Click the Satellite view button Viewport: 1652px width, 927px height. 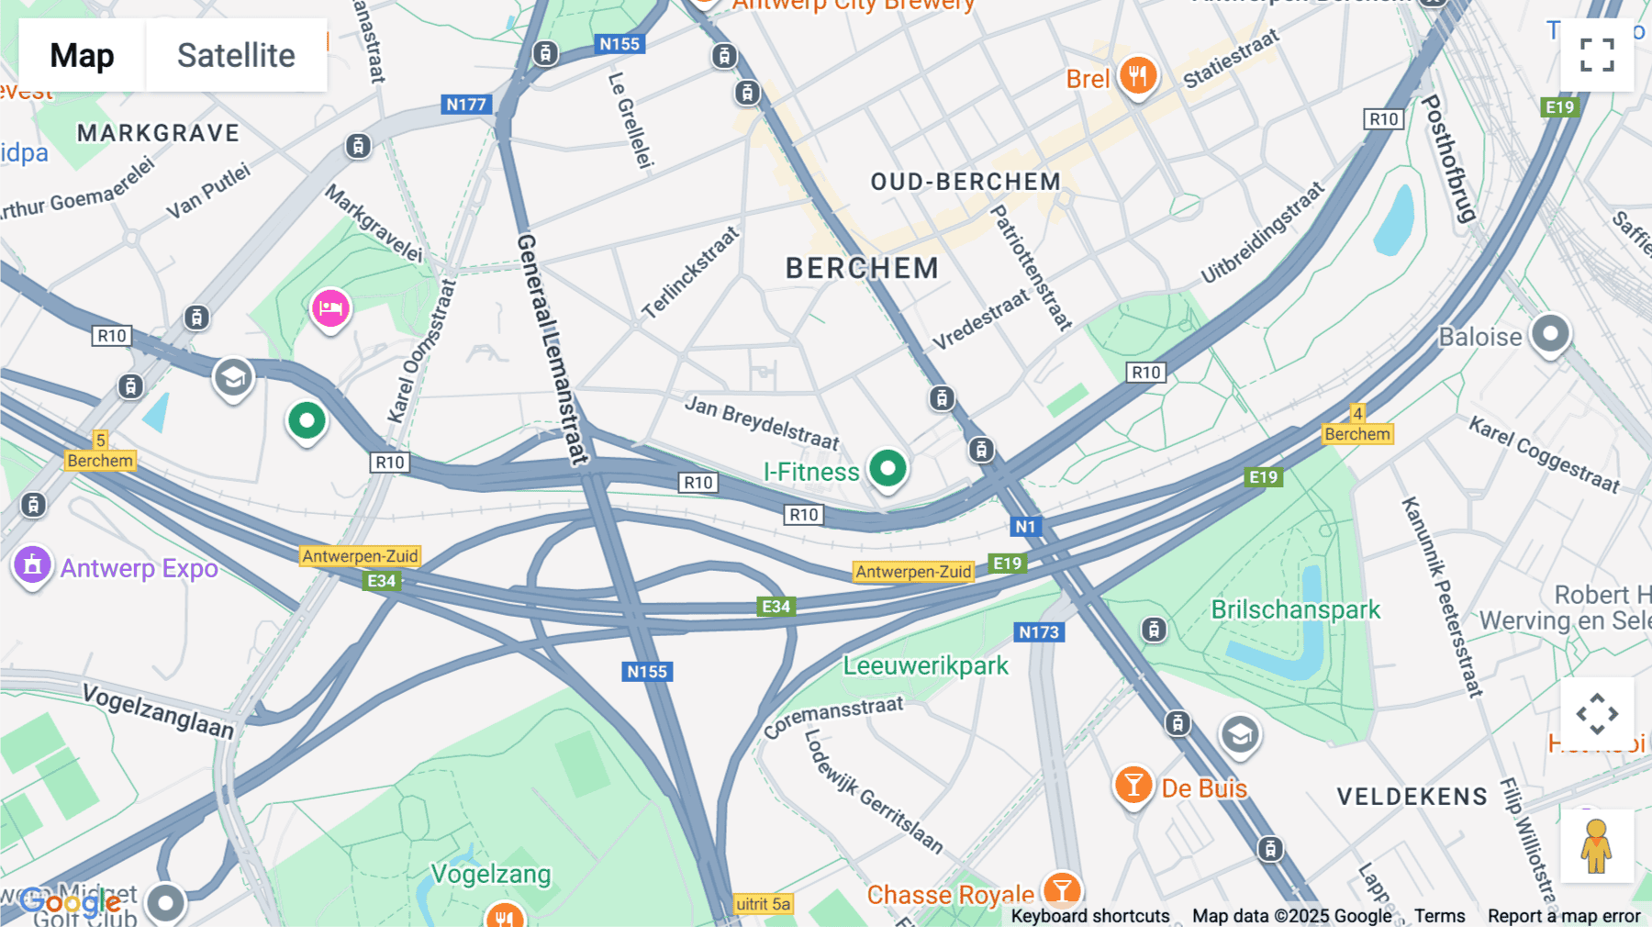pos(236,55)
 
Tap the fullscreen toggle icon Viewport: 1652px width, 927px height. pos(1597,55)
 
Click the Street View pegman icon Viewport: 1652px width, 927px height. pos(1597,846)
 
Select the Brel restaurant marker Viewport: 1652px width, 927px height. pos(1137,75)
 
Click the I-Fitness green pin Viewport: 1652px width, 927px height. pos(887,469)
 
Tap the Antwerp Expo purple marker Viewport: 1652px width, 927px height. pos(32,565)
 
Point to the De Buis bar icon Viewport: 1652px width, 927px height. pos(1133,786)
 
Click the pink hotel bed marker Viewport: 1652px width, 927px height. pos(330,308)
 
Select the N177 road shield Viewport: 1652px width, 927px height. pos(466,105)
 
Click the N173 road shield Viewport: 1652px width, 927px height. pos(1039,632)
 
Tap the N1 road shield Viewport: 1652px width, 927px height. pos(1025,527)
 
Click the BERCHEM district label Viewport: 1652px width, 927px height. pos(862,268)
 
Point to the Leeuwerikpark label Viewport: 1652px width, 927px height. pos(925,665)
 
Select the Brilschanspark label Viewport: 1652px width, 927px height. pos(1295,609)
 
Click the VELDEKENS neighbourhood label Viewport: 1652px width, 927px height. pos(1412,797)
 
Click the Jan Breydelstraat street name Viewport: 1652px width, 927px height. pos(762,422)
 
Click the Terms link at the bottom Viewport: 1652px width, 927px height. pos(1439,916)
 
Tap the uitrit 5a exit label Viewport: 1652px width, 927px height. pos(763,904)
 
